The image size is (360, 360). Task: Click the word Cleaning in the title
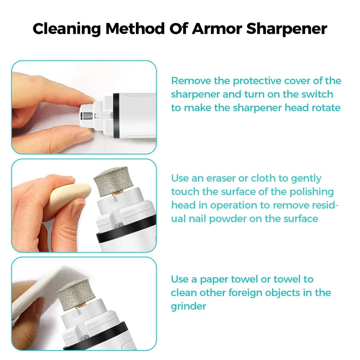click(x=67, y=29)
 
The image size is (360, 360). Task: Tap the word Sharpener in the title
click(x=287, y=29)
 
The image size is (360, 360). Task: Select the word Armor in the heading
click(x=217, y=29)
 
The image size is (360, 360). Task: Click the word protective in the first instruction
click(x=257, y=81)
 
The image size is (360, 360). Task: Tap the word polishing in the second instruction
click(x=311, y=192)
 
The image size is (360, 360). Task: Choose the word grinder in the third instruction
click(x=189, y=307)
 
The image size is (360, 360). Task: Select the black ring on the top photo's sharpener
click(x=116, y=115)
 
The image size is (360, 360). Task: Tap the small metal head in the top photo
click(x=88, y=116)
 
